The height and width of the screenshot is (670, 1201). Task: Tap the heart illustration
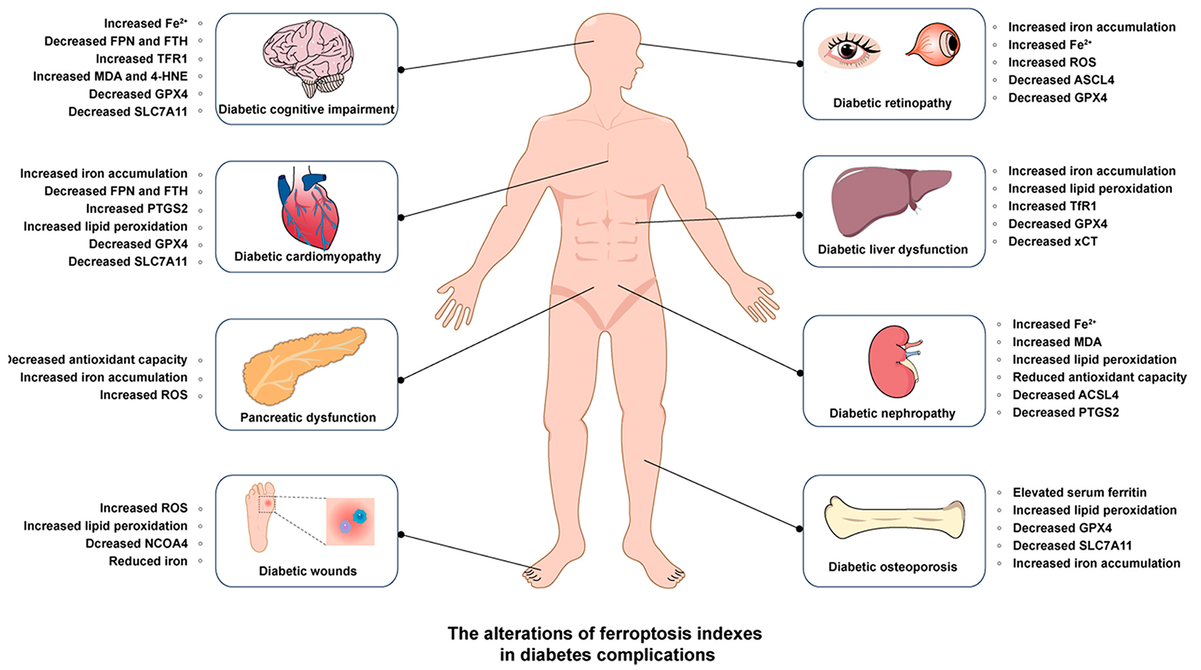coord(308,210)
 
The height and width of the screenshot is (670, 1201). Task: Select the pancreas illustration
coord(303,364)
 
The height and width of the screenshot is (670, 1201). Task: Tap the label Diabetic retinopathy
coord(892,103)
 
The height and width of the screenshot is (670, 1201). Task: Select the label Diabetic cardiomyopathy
coord(307,256)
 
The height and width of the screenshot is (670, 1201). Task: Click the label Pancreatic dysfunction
coord(308,417)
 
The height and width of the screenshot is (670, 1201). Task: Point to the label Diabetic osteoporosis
coord(892,567)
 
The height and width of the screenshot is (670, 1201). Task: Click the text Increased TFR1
coord(141,59)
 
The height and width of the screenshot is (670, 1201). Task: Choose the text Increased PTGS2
coord(137,208)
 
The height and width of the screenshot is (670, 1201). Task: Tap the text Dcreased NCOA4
coord(136,544)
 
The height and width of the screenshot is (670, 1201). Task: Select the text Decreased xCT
coord(1053,241)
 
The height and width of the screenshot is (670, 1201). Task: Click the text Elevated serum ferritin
coord(1079,492)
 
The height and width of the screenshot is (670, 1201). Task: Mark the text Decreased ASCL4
coord(1061,80)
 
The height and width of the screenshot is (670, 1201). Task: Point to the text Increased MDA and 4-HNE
coord(110,76)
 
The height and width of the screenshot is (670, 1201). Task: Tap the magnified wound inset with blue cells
coord(350,521)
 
